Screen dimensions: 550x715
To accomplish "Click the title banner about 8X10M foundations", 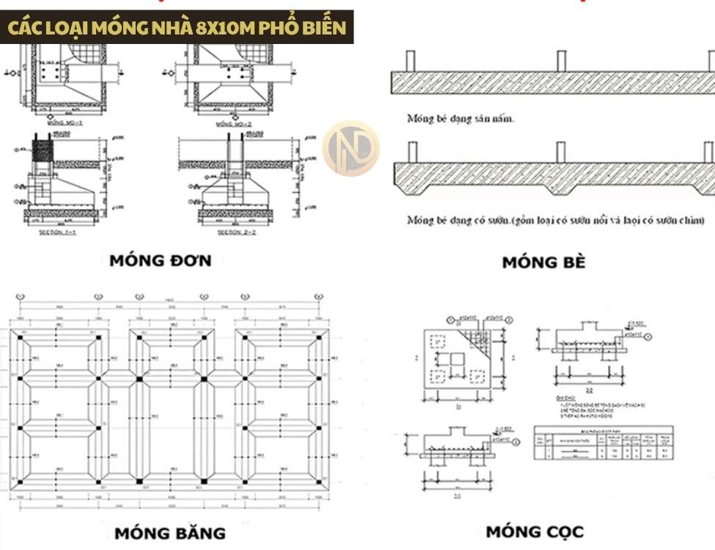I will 177,27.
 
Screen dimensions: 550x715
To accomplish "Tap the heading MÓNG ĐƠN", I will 161,260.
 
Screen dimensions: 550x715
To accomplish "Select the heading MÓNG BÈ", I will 543,262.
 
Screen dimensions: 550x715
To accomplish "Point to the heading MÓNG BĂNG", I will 169,532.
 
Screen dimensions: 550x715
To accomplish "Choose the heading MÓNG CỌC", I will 535,530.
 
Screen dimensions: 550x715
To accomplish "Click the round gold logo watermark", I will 351,148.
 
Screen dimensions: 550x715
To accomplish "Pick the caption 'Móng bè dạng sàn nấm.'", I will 461,118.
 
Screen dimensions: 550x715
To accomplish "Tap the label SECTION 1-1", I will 59,232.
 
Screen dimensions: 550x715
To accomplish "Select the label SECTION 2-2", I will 235,232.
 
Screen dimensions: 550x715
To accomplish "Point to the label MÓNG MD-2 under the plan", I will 234,124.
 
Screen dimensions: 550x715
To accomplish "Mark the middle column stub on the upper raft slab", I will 561,60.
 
